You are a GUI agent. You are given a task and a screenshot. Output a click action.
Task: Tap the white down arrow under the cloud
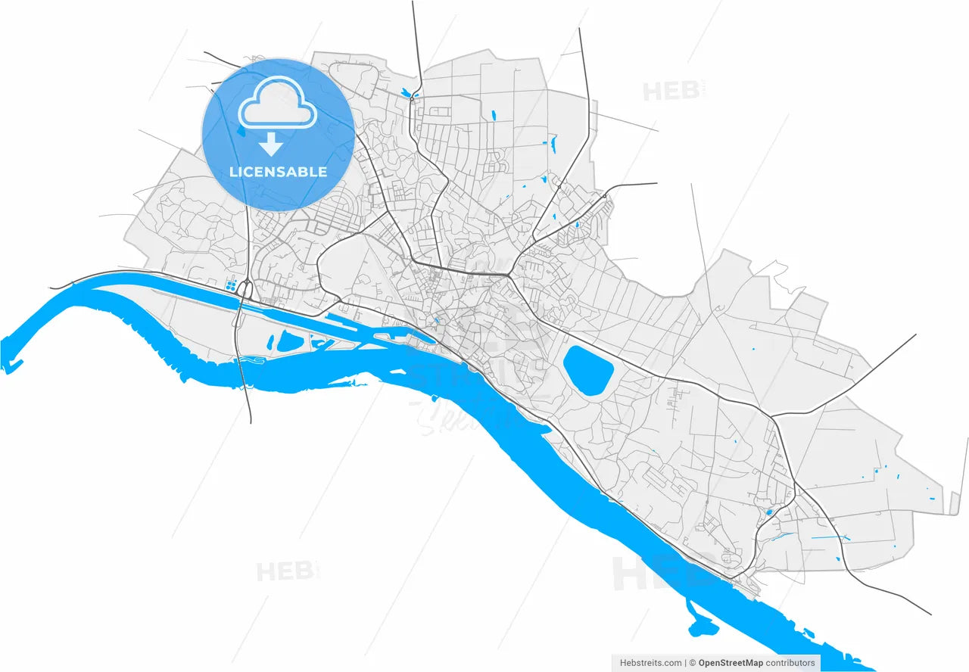pos(270,144)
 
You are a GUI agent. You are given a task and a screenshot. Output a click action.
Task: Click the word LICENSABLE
pos(278,172)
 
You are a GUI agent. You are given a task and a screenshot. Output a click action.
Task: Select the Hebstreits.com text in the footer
pos(650,663)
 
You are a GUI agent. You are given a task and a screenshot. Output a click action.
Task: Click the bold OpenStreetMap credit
pos(731,663)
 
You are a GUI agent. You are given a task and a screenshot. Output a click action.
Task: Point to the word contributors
pos(791,663)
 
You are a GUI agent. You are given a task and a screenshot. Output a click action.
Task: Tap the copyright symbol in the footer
pos(692,663)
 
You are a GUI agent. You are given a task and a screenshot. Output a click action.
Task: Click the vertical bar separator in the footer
pos(685,663)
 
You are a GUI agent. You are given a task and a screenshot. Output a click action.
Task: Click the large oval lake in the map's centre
pos(588,370)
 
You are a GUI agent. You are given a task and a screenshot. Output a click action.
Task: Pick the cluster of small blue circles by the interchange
pos(230,285)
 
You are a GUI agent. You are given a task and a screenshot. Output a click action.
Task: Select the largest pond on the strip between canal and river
pos(288,341)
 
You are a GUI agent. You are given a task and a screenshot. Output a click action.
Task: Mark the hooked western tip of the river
pos(11,367)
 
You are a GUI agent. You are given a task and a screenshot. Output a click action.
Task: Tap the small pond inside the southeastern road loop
pos(769,512)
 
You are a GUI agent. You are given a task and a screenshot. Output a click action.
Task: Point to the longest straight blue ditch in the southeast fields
pos(829,537)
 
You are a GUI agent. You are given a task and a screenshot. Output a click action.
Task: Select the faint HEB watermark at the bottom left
pos(286,571)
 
